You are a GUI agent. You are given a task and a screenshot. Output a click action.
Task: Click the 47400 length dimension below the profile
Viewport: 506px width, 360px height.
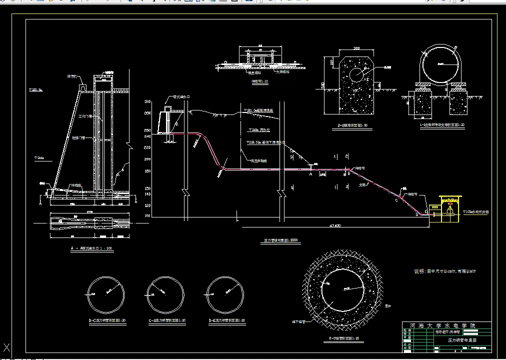pyautogui.click(x=335, y=225)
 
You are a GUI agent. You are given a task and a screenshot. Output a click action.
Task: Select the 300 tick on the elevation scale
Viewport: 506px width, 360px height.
pyautogui.click(x=147, y=101)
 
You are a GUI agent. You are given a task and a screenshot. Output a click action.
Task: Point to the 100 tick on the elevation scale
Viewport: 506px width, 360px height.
pyautogui.click(x=147, y=216)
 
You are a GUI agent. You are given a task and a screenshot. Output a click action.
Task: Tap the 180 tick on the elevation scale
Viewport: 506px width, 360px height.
pyautogui.click(x=147, y=171)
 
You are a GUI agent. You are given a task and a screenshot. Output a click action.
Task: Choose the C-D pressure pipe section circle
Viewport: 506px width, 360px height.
pyautogui.click(x=165, y=294)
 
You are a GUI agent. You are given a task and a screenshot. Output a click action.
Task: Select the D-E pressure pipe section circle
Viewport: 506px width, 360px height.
pyautogui.click(x=226, y=294)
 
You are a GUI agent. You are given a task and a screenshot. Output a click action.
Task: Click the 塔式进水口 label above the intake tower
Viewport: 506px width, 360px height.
pyautogui.click(x=181, y=97)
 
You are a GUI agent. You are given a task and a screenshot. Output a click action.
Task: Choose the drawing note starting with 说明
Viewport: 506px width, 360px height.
pyautogui.click(x=444, y=271)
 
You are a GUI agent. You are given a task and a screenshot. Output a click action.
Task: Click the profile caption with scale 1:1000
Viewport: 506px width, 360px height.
pyautogui.click(x=280, y=240)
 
